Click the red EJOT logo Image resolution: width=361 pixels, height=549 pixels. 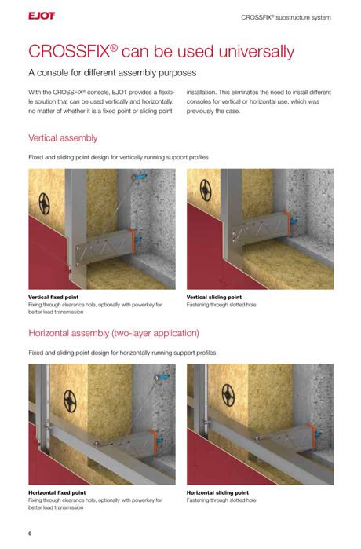click(x=42, y=16)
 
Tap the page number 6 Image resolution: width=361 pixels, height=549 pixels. click(x=30, y=533)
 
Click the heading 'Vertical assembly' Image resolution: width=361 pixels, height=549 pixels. click(x=63, y=138)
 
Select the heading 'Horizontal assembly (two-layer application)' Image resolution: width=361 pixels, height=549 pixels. click(x=114, y=333)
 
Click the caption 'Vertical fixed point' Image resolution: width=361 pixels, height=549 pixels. click(x=53, y=297)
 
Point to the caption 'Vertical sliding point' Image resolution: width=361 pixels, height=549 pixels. click(x=214, y=297)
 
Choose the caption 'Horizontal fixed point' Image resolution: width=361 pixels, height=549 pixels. click(x=57, y=492)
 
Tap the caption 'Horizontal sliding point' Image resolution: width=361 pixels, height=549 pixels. click(x=217, y=492)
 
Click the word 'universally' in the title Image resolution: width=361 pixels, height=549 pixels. click(x=257, y=52)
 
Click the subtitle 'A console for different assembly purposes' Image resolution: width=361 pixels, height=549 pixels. click(x=112, y=73)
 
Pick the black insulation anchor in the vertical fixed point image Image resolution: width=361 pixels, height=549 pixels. click(x=45, y=203)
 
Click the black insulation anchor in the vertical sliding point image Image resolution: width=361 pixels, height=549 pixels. click(x=206, y=190)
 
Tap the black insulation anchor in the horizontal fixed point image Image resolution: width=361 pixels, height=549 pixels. click(x=70, y=401)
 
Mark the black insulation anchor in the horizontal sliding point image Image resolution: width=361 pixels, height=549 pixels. click(x=228, y=395)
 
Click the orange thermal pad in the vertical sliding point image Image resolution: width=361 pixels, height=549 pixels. click(x=286, y=224)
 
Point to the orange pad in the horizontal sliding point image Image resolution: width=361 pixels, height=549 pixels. click(x=312, y=437)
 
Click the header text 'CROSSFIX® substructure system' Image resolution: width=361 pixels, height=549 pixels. click(x=286, y=17)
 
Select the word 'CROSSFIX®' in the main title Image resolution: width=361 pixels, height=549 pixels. click(x=73, y=52)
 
